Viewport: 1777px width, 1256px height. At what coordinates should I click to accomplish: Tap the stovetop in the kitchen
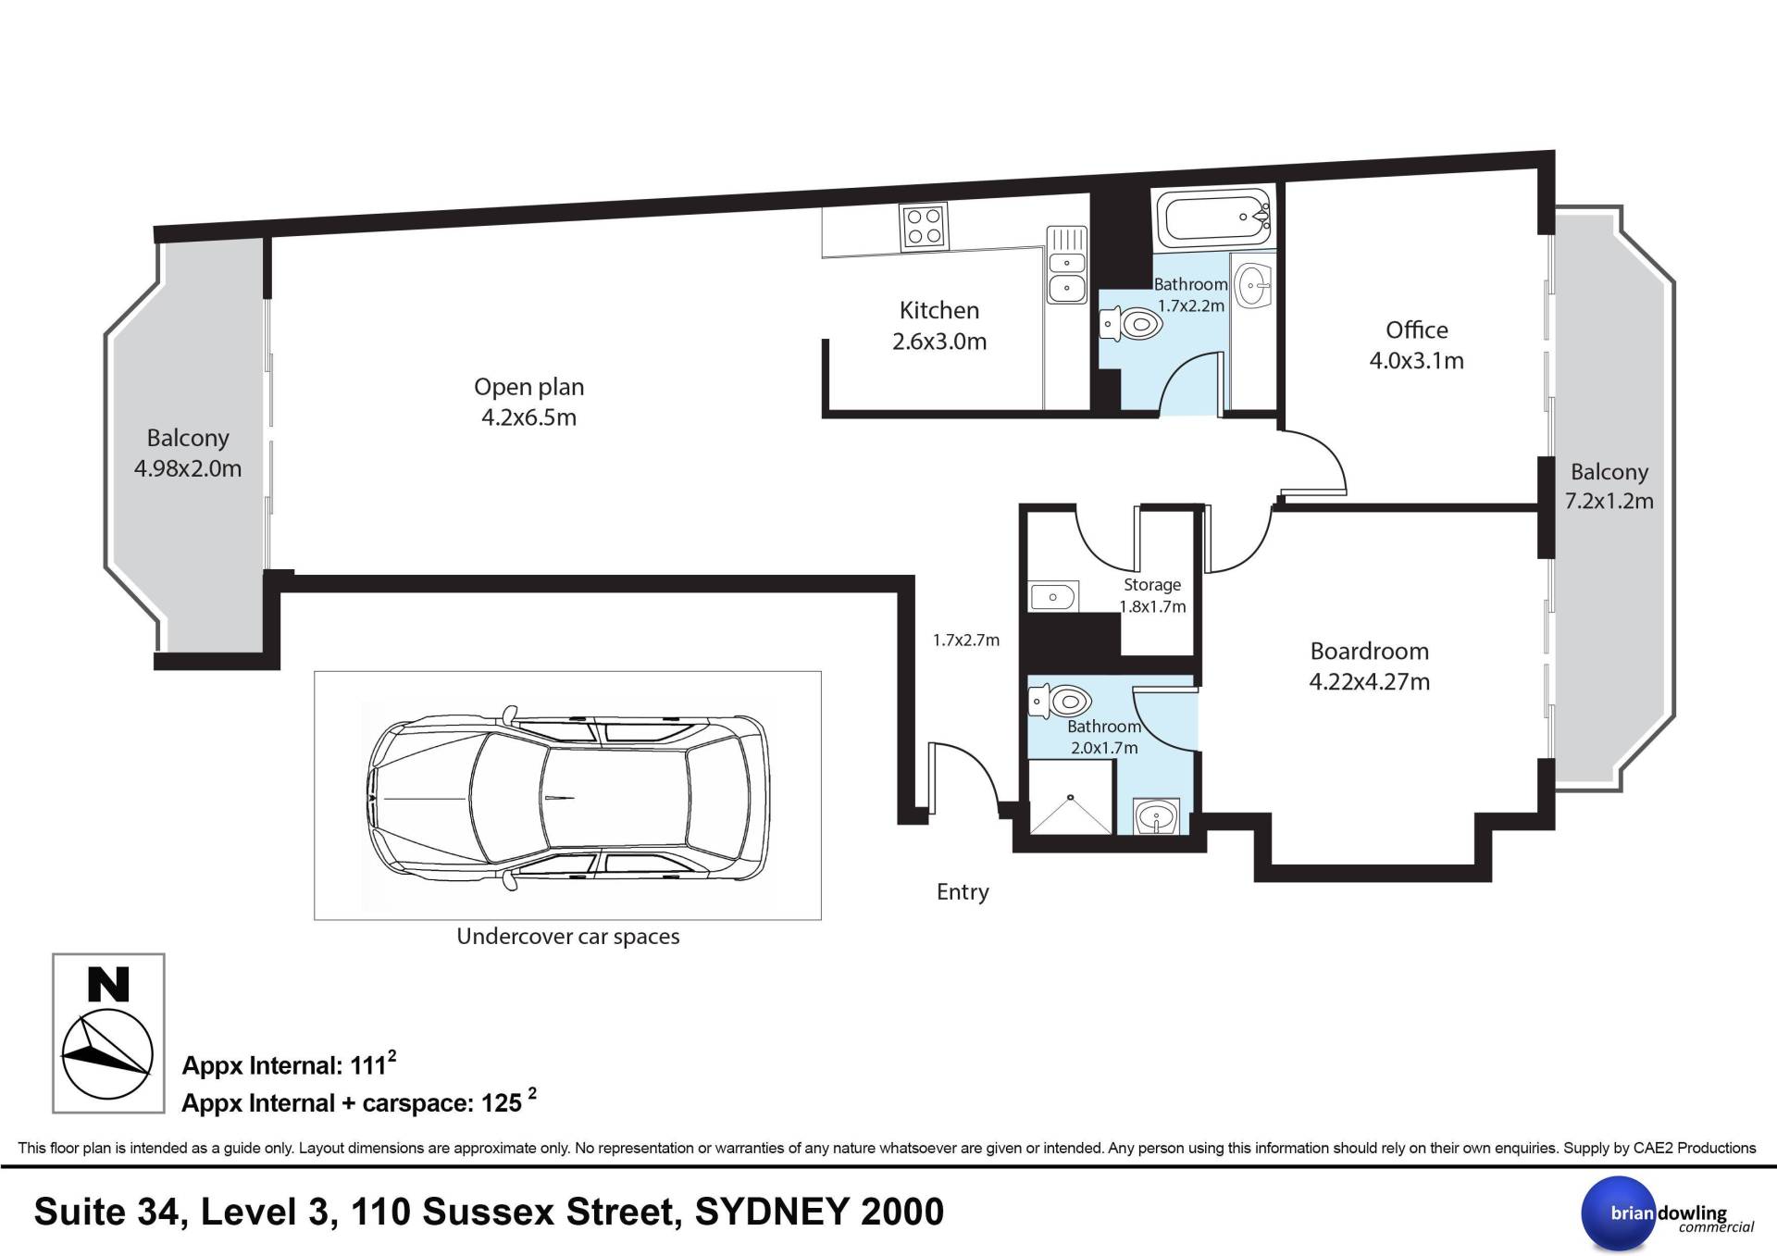point(924,227)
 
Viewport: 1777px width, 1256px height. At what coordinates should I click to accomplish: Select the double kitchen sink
point(1067,265)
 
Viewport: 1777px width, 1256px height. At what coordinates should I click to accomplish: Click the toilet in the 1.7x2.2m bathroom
point(1131,325)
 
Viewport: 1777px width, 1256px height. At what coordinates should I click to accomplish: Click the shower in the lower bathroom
point(1071,796)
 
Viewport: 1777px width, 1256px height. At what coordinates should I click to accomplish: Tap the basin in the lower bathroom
point(1156,816)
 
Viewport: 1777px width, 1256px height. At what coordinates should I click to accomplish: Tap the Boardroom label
point(1369,652)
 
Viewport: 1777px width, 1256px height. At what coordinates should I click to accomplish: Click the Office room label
point(1416,330)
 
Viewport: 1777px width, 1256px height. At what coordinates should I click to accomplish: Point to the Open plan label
point(528,387)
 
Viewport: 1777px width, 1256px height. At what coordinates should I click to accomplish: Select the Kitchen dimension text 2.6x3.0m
point(939,342)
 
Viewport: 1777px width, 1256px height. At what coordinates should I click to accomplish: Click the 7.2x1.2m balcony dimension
point(1609,501)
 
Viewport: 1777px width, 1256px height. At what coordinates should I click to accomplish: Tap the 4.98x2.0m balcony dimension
point(188,468)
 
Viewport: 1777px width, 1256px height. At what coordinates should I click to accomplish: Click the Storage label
point(1152,585)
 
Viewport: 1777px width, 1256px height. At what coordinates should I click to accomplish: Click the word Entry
point(963,891)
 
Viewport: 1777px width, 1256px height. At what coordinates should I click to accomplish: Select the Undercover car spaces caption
point(568,936)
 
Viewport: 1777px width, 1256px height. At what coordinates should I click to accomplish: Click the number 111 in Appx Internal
point(367,1066)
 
